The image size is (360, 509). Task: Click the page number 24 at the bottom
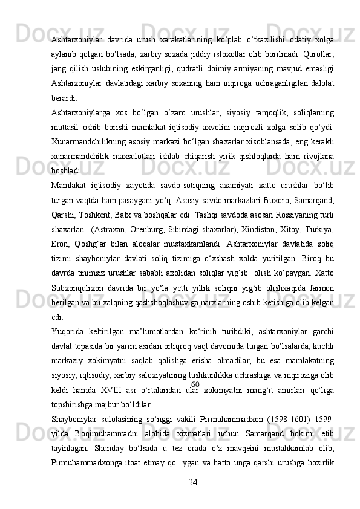(194, 482)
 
